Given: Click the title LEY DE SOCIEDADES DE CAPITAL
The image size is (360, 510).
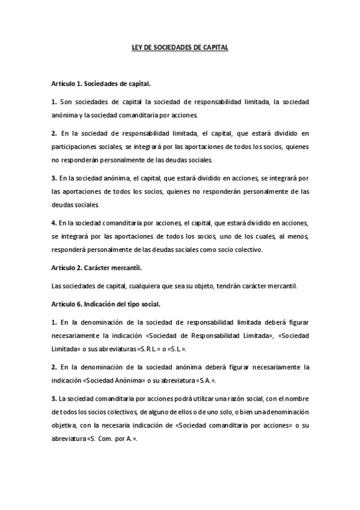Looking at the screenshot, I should (180, 46).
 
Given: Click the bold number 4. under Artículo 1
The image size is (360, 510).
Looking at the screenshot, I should (54, 223).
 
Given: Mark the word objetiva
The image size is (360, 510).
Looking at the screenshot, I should (63, 426).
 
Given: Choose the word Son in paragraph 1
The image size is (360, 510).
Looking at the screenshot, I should (66, 103).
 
